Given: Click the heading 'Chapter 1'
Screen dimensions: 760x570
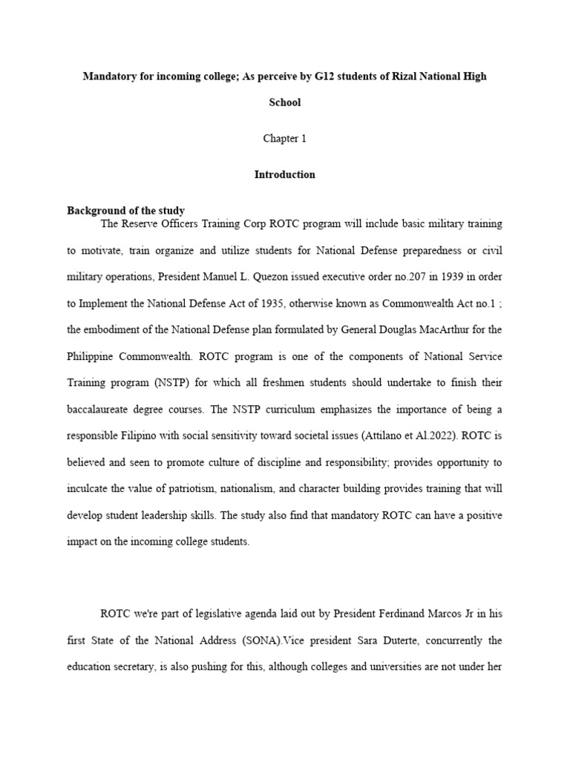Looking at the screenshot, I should coord(284,139).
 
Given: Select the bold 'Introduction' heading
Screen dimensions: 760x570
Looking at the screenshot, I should coord(284,175).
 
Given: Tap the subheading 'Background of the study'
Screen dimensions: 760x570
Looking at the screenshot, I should coord(125,211).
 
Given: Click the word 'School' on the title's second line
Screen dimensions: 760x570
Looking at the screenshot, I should coord(284,102).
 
